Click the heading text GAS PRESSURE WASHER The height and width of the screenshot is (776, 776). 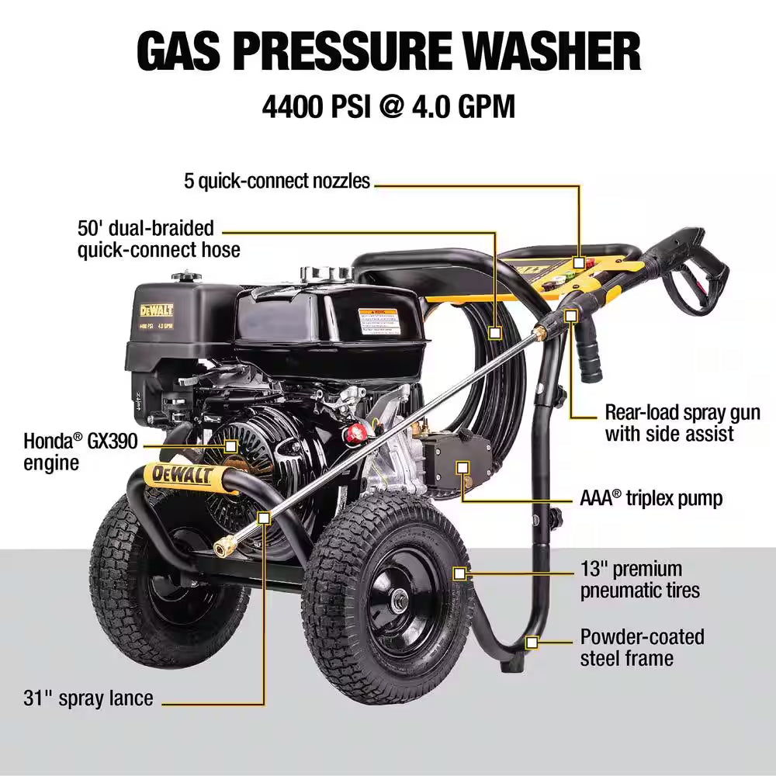[x=388, y=51]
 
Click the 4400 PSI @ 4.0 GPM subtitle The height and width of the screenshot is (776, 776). [x=388, y=106]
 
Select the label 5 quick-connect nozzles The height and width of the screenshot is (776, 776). [x=277, y=182]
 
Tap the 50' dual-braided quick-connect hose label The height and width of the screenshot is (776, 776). [x=158, y=239]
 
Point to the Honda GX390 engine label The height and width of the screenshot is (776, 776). [x=81, y=452]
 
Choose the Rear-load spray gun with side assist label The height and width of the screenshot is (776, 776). [x=682, y=423]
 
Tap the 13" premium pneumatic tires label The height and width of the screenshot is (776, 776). [x=639, y=579]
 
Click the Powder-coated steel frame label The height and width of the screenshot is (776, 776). [x=642, y=647]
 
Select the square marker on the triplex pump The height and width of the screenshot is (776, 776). [x=463, y=468]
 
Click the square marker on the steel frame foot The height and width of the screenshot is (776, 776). [x=532, y=642]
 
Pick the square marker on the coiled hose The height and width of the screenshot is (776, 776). [x=495, y=331]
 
